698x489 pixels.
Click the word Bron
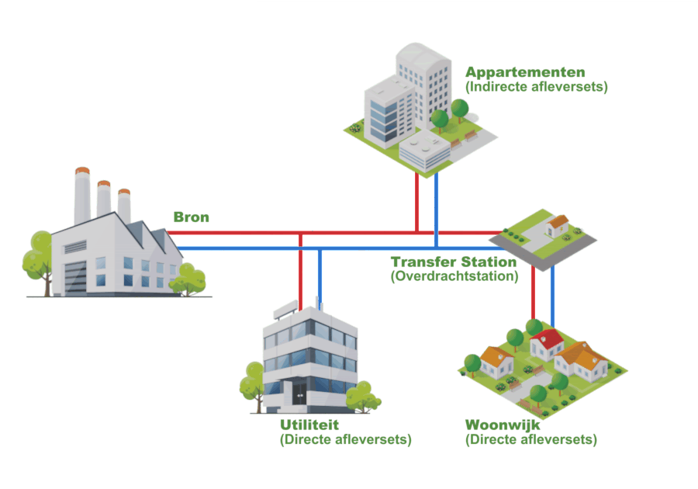(x=191, y=217)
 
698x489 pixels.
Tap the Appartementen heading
(x=525, y=72)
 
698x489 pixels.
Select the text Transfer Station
(x=454, y=262)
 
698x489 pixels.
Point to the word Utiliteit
(x=309, y=425)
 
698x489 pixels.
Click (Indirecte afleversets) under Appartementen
(x=536, y=87)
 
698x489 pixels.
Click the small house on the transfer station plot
(x=556, y=226)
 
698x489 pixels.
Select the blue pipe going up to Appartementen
(x=436, y=206)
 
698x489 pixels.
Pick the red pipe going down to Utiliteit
(x=300, y=272)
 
